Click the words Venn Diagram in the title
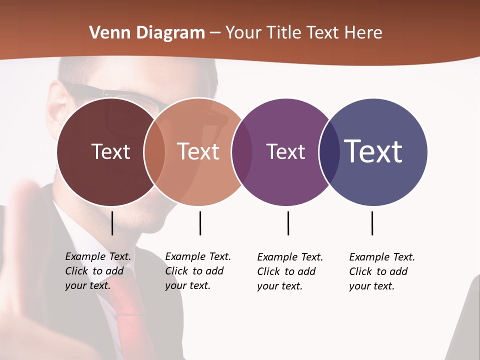pyautogui.click(x=147, y=33)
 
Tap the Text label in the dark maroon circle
pyautogui.click(x=110, y=151)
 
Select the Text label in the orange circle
pyautogui.click(x=198, y=151)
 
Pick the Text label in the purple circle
pyautogui.click(x=285, y=151)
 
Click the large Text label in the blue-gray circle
pyautogui.click(x=373, y=151)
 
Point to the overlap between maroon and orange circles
pyautogui.click(x=154, y=152)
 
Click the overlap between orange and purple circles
pyautogui.click(x=242, y=152)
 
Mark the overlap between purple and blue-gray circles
pyautogui.click(x=329, y=152)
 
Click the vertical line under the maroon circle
pyautogui.click(x=112, y=223)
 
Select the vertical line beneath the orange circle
pyautogui.click(x=200, y=223)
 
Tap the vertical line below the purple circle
pyautogui.click(x=288, y=223)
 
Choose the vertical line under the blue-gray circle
pyautogui.click(x=372, y=223)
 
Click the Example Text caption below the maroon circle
pyautogui.click(x=97, y=271)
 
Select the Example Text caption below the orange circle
pyautogui.click(x=197, y=271)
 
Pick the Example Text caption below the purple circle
pyautogui.click(x=289, y=271)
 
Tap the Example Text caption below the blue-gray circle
pyautogui.click(x=381, y=271)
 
